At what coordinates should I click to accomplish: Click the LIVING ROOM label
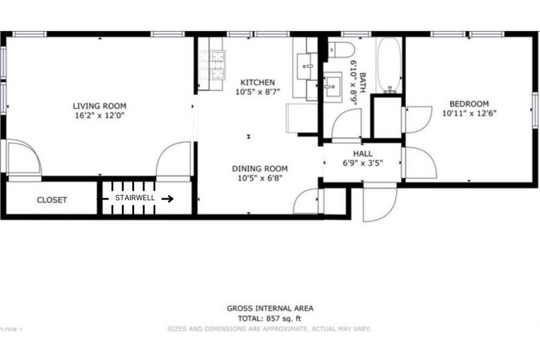[100, 105]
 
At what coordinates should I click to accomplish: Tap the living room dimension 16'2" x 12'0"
[100, 114]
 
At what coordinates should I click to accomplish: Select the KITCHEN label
[257, 83]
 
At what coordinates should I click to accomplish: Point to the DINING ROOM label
[260, 169]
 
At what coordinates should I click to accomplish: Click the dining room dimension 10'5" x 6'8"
[260, 178]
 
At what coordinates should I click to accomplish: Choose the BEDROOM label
[469, 104]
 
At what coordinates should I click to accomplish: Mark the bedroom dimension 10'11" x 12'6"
[469, 113]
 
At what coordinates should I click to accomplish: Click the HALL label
[362, 154]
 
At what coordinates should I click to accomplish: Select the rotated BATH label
[362, 83]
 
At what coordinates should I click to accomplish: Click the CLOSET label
[52, 200]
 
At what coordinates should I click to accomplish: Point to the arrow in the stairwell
[167, 198]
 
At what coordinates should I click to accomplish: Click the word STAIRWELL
[135, 198]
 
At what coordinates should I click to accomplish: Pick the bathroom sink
[333, 86]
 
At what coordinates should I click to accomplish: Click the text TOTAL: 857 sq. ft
[270, 318]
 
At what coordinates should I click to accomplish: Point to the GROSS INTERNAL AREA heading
[270, 309]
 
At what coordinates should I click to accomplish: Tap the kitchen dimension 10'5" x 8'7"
[257, 92]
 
